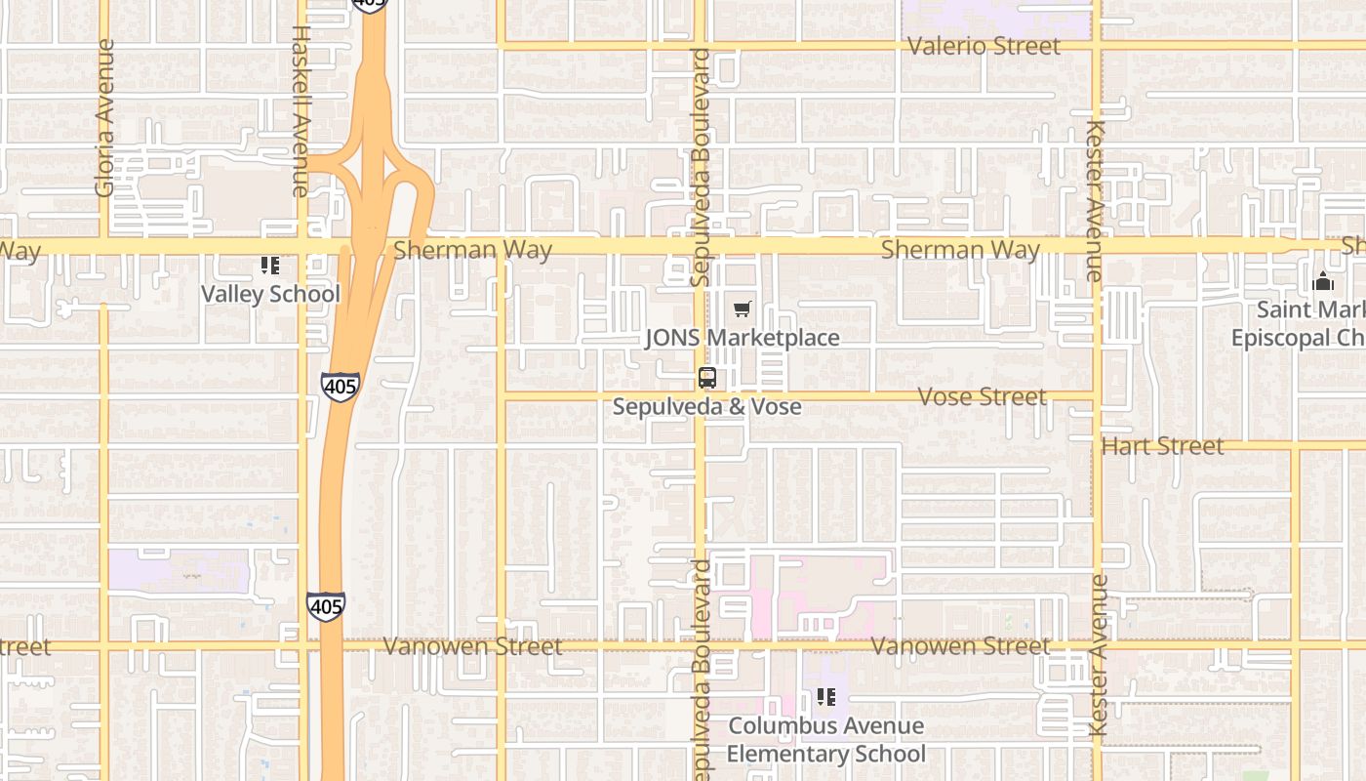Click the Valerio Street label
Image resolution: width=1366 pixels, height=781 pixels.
coord(983,46)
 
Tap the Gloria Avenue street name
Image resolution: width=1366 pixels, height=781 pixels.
coord(104,117)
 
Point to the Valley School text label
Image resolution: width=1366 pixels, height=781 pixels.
coord(270,294)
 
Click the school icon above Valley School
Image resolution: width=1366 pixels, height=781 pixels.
coord(270,266)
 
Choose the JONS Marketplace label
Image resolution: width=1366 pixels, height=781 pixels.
coord(742,338)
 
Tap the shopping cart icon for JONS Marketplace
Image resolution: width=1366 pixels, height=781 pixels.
coord(743,309)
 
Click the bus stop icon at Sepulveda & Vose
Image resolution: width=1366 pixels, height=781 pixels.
coord(707,378)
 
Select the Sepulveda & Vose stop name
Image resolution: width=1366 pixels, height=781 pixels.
coord(707,406)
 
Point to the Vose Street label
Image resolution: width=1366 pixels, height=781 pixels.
coord(983,396)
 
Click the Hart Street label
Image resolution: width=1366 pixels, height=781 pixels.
coord(1162,446)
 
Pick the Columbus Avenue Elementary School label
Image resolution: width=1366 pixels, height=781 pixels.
coord(825,740)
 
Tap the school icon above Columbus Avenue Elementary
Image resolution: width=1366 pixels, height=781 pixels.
coord(826,697)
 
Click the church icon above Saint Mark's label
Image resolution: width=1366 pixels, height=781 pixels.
coord(1324,281)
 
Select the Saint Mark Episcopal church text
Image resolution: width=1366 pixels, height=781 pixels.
coord(1298,324)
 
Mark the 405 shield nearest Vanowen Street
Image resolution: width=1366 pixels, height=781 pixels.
coord(325,606)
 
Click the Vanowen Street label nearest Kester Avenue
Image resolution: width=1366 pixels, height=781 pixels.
coord(960,646)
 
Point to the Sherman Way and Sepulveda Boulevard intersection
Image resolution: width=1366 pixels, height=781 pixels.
coord(700,245)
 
